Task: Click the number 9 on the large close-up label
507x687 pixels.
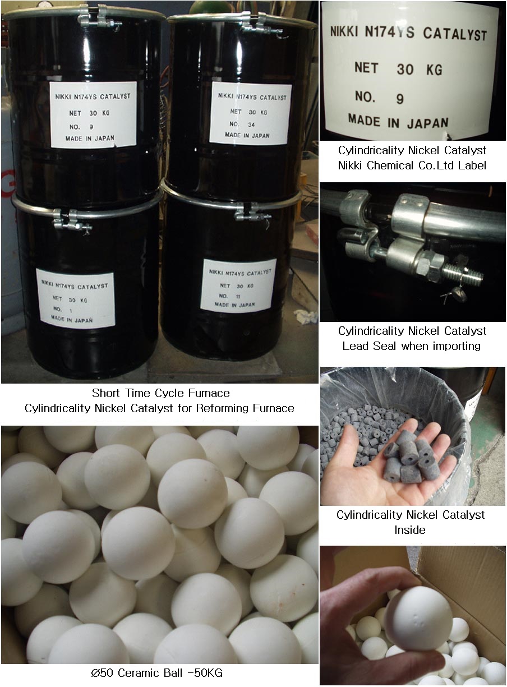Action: (x=400, y=99)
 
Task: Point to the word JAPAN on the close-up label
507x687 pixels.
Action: (x=428, y=123)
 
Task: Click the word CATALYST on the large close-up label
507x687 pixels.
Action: (x=455, y=34)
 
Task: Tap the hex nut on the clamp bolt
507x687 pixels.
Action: (x=430, y=266)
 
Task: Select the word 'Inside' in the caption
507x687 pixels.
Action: (x=409, y=530)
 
